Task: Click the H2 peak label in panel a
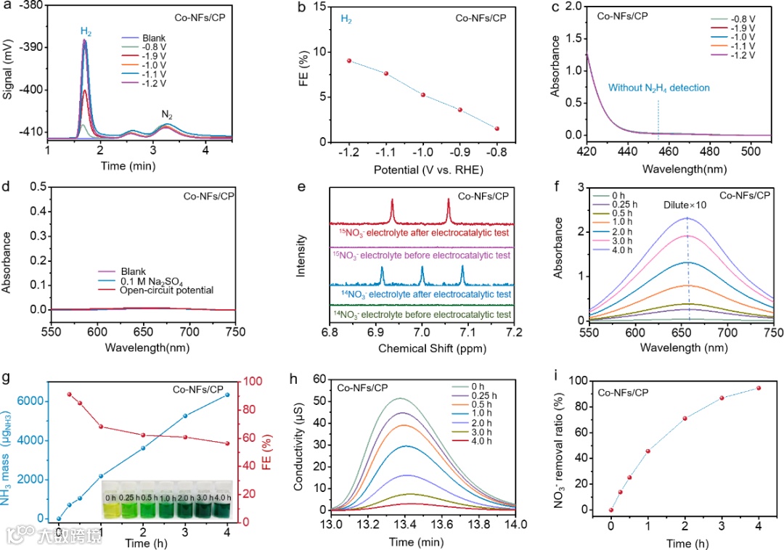[86, 32]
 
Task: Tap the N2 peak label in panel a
[166, 115]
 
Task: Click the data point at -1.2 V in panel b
[349, 61]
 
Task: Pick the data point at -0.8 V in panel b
[497, 128]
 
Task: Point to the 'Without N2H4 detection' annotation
[658, 88]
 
